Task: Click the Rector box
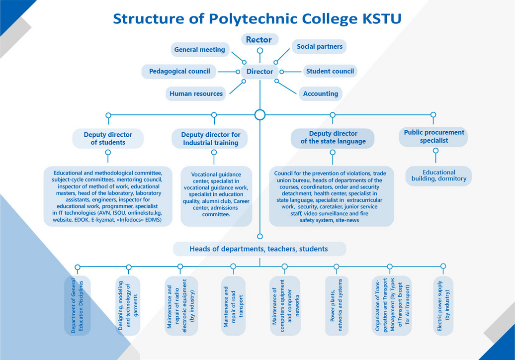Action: [260, 39]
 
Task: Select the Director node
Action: [260, 71]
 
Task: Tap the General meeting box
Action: [200, 50]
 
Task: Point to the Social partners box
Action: [319, 46]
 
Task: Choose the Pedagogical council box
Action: [179, 71]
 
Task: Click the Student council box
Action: [330, 71]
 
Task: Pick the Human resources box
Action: [196, 93]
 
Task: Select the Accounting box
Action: [321, 93]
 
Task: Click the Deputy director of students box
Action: [108, 138]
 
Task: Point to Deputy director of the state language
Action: [333, 137]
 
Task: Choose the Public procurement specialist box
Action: [433, 137]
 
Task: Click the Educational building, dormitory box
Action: [439, 176]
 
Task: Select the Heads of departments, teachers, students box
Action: [259, 249]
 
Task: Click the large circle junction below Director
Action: [260, 115]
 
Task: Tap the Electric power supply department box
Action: [443, 305]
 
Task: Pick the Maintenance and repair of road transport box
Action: [233, 306]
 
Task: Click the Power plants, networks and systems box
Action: [337, 306]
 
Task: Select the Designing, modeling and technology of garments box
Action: [128, 306]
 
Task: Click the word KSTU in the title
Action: [382, 19]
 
